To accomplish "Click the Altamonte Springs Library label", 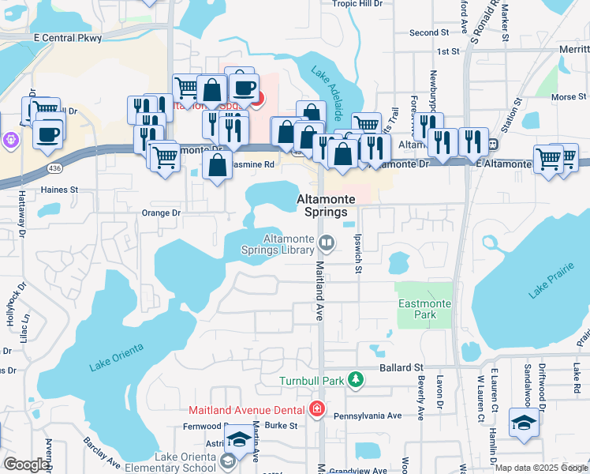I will click(288, 244).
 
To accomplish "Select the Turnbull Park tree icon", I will click(357, 381).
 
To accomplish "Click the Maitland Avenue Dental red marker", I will click(316, 409).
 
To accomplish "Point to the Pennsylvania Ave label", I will click(368, 416).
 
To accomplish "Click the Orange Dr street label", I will click(161, 213).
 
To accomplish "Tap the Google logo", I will click(25, 465).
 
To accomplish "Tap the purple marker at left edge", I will click(9, 140).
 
